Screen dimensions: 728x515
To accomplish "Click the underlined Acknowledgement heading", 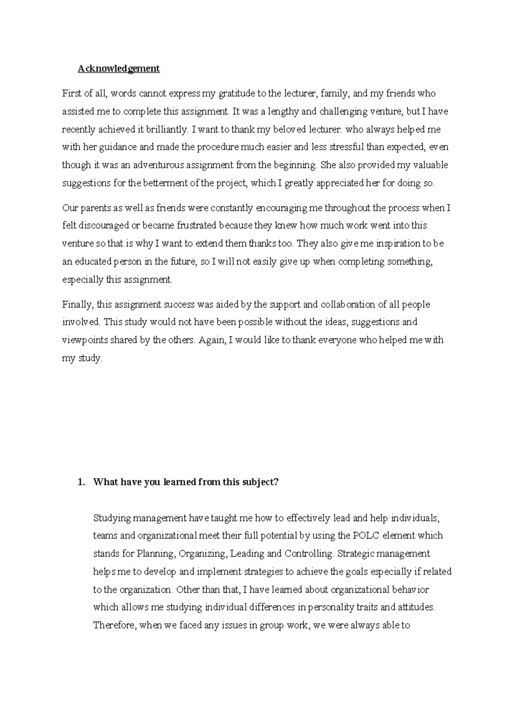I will coord(118,69).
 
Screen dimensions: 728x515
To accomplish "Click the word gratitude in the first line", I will coord(236,94).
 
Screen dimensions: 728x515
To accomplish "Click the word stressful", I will coord(346,147).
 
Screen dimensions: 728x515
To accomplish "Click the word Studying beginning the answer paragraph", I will coord(112,518).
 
